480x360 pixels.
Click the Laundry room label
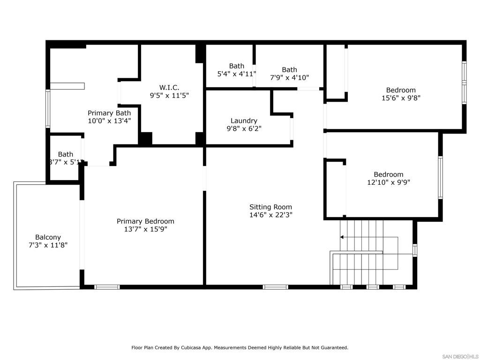[x=244, y=120]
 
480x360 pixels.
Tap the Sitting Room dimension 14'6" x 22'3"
[x=270, y=215]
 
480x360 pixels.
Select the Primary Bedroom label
[x=145, y=221]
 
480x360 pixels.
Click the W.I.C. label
[x=169, y=87]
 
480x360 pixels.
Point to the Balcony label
[x=48, y=237]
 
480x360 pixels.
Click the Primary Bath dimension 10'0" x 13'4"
[x=109, y=120]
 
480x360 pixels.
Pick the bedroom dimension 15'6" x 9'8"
[x=401, y=98]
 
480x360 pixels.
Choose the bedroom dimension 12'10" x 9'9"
[x=388, y=182]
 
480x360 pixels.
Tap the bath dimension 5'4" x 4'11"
[x=237, y=74]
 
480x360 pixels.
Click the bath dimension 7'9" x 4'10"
[x=289, y=78]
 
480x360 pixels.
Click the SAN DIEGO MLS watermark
[x=460, y=356]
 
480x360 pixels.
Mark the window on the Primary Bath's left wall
[x=48, y=109]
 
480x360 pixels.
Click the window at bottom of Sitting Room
[x=275, y=287]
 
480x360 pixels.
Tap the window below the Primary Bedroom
[x=107, y=287]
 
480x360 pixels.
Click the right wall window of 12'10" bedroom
[x=440, y=177]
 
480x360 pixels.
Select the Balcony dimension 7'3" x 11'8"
[x=48, y=245]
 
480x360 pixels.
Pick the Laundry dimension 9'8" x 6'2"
[x=244, y=128]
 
